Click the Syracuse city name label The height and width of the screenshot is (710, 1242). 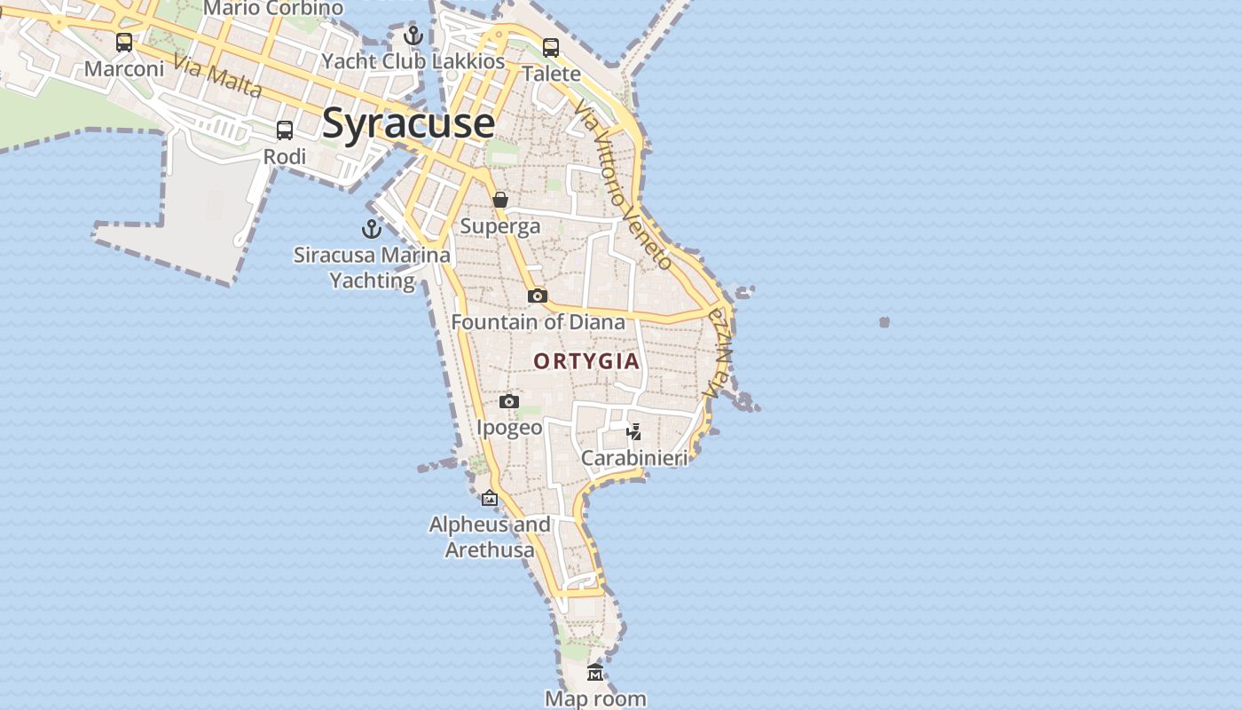(x=408, y=122)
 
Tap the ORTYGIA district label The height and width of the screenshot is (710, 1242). (x=586, y=361)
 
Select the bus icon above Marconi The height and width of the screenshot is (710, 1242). (x=124, y=42)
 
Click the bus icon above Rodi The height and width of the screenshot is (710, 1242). (x=285, y=130)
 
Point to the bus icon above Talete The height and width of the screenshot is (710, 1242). (x=551, y=47)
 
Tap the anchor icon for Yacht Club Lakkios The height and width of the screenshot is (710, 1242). (x=413, y=35)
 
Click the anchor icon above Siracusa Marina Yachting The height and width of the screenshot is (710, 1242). (x=372, y=229)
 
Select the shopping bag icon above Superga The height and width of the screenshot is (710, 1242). (x=500, y=200)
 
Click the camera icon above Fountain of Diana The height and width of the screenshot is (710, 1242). (x=538, y=296)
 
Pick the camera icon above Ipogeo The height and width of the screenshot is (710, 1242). (x=509, y=401)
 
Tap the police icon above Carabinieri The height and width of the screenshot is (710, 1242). (x=634, y=432)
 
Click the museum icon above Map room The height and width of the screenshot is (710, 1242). (x=595, y=673)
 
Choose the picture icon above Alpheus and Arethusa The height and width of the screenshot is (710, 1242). (x=490, y=498)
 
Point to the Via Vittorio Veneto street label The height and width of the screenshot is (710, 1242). (x=624, y=185)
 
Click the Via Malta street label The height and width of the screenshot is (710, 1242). (x=217, y=76)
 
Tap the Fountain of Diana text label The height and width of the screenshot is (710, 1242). (x=538, y=322)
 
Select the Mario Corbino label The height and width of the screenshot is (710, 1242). (x=273, y=8)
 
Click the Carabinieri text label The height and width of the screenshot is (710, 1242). (x=634, y=458)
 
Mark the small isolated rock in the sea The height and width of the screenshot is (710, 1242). (x=884, y=322)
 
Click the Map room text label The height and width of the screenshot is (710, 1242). (x=595, y=698)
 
